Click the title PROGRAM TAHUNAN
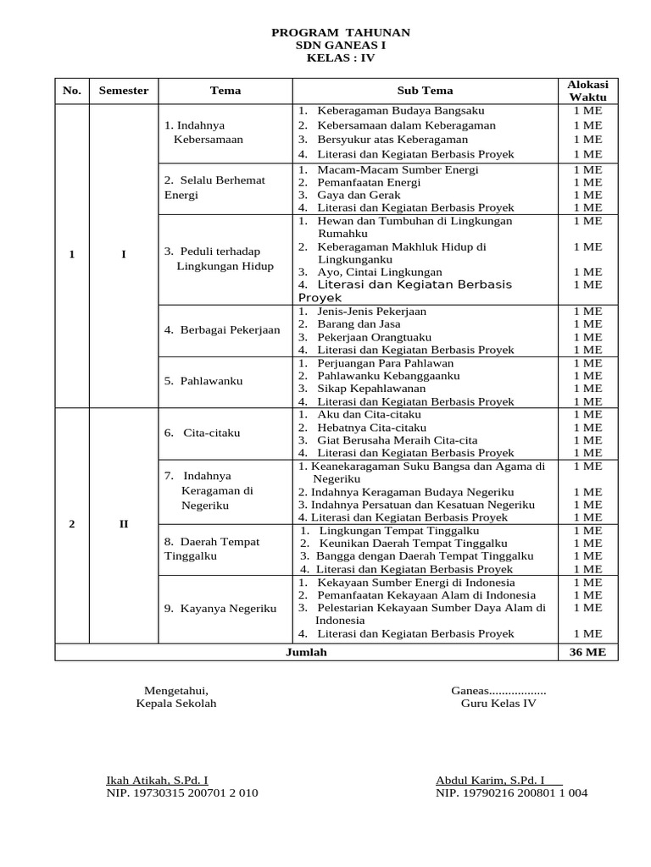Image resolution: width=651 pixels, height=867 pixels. tap(340, 32)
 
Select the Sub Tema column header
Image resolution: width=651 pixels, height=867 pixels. tap(425, 91)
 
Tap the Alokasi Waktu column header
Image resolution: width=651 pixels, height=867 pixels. tap(587, 91)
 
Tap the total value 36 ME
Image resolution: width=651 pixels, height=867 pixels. tap(587, 652)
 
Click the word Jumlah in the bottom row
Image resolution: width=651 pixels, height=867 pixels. tap(306, 652)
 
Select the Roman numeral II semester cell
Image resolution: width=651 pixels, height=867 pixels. tap(124, 523)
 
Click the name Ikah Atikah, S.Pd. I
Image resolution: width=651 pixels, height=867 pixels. tap(157, 780)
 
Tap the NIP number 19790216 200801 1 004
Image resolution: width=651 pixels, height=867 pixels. tap(511, 793)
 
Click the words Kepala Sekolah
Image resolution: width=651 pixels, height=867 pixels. tap(176, 704)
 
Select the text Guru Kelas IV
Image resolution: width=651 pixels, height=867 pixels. tap(498, 704)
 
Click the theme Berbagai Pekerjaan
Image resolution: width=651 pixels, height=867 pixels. tap(222, 329)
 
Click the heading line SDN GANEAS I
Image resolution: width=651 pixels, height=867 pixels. tap(340, 46)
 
